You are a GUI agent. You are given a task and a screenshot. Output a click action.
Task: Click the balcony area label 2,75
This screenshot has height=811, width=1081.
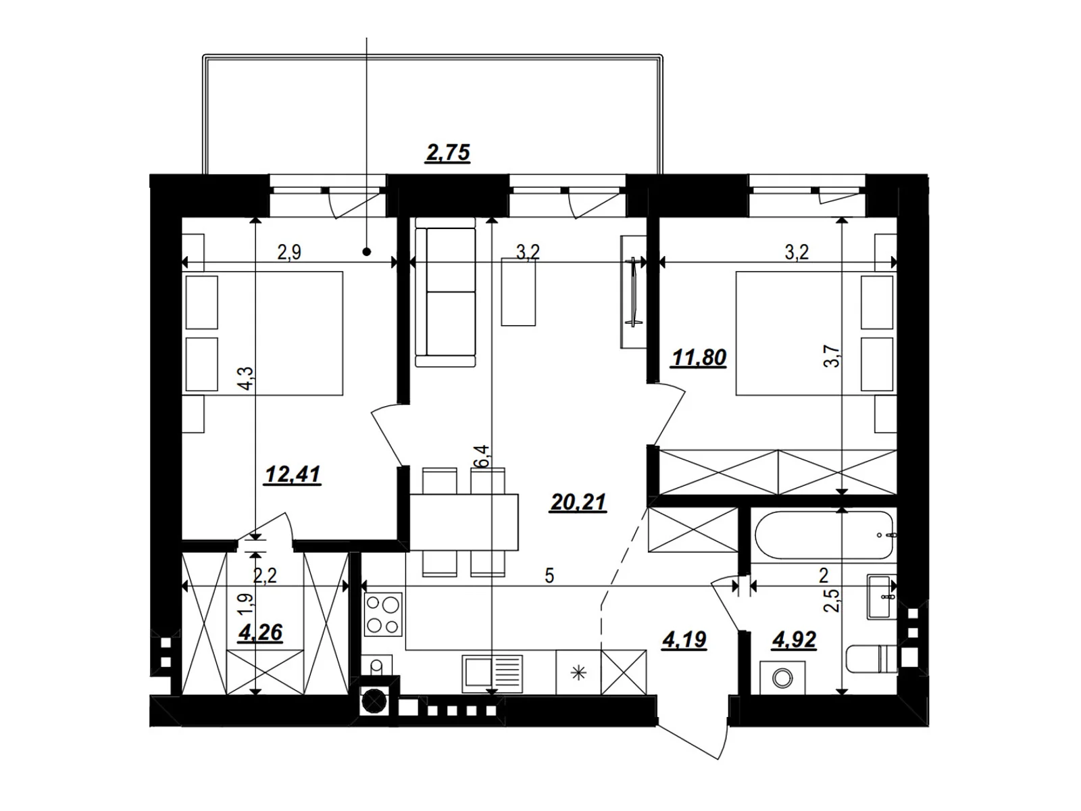448,153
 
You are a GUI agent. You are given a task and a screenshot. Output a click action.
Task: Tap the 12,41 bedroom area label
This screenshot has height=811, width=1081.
293,474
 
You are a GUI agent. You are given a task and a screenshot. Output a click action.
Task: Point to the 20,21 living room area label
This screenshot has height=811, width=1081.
578,502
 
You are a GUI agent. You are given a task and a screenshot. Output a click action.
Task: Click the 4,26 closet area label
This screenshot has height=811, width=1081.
261,633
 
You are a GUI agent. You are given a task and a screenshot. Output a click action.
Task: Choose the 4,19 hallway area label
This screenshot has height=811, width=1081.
684,640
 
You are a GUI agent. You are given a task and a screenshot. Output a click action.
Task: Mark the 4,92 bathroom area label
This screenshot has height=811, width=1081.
795,640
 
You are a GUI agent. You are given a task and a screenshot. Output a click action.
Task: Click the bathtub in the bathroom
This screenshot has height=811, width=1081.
823,535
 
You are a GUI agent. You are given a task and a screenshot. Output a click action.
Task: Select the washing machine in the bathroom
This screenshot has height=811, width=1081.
782,678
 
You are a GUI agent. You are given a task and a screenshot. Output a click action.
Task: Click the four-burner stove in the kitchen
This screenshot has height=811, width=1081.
383,614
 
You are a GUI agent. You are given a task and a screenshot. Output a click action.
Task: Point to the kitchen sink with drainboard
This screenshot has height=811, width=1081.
492,673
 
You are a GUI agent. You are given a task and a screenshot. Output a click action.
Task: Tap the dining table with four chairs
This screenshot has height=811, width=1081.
463,522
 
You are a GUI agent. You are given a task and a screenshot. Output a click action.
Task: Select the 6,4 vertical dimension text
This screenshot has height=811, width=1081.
482,456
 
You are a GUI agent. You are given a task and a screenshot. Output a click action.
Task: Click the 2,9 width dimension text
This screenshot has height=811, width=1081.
289,253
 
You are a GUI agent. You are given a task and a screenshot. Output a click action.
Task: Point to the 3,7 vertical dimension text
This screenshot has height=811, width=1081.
832,356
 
